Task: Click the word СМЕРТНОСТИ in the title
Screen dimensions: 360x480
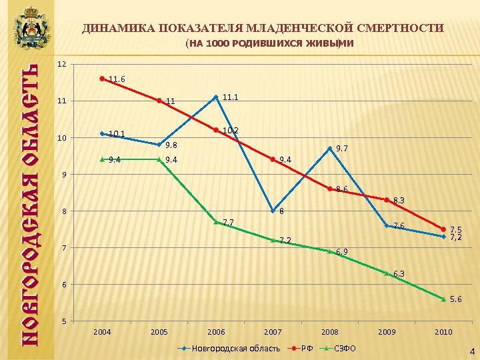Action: (x=403, y=28)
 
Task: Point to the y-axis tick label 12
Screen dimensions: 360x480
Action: (x=61, y=64)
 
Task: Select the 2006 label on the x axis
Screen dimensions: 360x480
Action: (x=216, y=332)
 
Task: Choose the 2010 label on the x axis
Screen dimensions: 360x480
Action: (x=443, y=332)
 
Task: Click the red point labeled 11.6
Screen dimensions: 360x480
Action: (x=102, y=79)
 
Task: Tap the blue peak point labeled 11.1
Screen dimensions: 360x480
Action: (x=216, y=97)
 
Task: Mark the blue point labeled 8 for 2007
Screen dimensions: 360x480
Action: (x=273, y=211)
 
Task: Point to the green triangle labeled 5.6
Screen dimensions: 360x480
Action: (x=443, y=299)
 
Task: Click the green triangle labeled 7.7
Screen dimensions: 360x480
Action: (x=216, y=222)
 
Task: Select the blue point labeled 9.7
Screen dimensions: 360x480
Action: (x=329, y=148)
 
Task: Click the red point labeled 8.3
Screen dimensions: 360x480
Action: (x=387, y=200)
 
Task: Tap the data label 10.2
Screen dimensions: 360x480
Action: (x=231, y=130)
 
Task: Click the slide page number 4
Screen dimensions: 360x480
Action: (x=472, y=351)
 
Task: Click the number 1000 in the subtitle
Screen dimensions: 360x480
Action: (x=220, y=44)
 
